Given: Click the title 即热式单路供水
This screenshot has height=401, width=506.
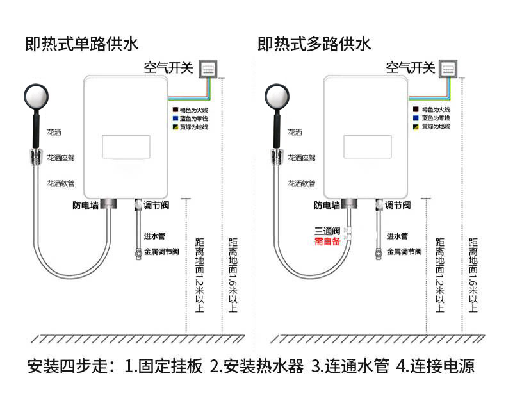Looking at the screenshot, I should [x=81, y=44].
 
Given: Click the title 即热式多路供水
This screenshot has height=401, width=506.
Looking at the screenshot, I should [x=314, y=44].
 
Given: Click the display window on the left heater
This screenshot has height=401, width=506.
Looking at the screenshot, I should [x=126, y=147].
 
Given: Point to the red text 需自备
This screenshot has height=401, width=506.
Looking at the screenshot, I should [x=327, y=241].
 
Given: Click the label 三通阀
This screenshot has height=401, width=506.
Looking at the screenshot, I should [x=327, y=231].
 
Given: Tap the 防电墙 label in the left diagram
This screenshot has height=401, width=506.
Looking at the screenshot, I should [x=85, y=206].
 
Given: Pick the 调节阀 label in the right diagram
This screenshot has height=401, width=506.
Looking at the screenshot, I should [x=397, y=206].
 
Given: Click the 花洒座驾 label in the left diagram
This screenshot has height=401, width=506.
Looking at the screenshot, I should [x=61, y=158].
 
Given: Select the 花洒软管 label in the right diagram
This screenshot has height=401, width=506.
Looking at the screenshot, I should [x=302, y=184].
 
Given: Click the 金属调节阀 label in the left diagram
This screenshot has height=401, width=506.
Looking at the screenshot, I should [x=161, y=252].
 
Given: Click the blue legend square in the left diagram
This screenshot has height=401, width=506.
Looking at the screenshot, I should [x=174, y=119].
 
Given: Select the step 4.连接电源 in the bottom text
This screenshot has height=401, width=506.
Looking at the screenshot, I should [x=436, y=367].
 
